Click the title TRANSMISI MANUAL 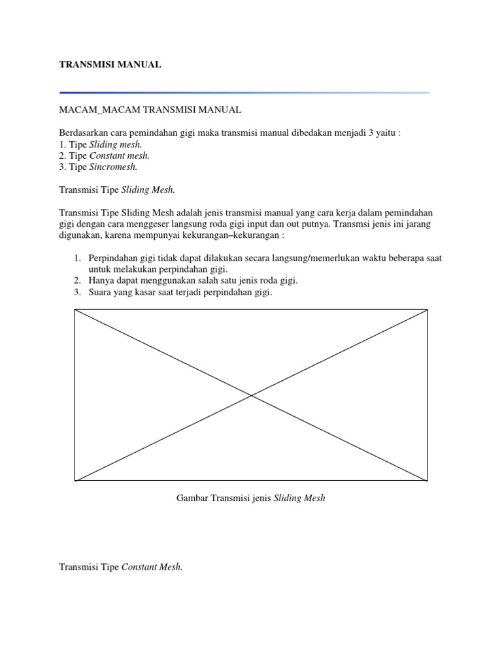pyautogui.click(x=110, y=65)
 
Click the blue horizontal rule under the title pyautogui.click(x=244, y=93)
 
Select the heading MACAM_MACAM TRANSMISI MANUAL pyautogui.click(x=150, y=110)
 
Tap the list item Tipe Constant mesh pyautogui.click(x=105, y=155)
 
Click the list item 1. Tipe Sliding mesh pyautogui.click(x=101, y=144)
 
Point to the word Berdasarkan pyautogui.click(x=83, y=133)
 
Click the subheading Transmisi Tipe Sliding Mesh pyautogui.click(x=117, y=189)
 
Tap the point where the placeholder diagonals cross pyautogui.click(x=252, y=395)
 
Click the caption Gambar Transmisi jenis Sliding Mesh pyautogui.click(x=251, y=498)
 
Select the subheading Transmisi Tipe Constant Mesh pyautogui.click(x=121, y=567)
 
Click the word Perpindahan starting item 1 pyautogui.click(x=114, y=258)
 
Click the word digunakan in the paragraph pyautogui.click(x=80, y=235)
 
